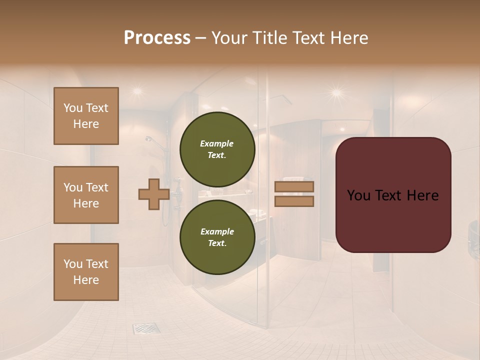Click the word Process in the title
click(x=157, y=38)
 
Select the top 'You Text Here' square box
click(x=86, y=116)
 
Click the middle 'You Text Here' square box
click(x=86, y=195)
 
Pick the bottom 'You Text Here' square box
click(x=86, y=272)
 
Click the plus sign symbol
click(x=153, y=194)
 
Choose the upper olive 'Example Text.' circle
click(x=217, y=149)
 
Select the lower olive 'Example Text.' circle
click(x=217, y=237)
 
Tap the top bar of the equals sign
click(x=294, y=187)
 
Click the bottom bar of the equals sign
click(x=294, y=201)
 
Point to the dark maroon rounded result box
click(x=393, y=195)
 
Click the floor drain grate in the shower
click(x=146, y=328)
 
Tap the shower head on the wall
click(x=150, y=140)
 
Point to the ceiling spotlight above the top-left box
click(x=136, y=90)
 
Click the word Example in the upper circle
click(x=217, y=143)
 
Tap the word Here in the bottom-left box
click(x=86, y=280)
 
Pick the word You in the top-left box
click(x=73, y=108)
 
